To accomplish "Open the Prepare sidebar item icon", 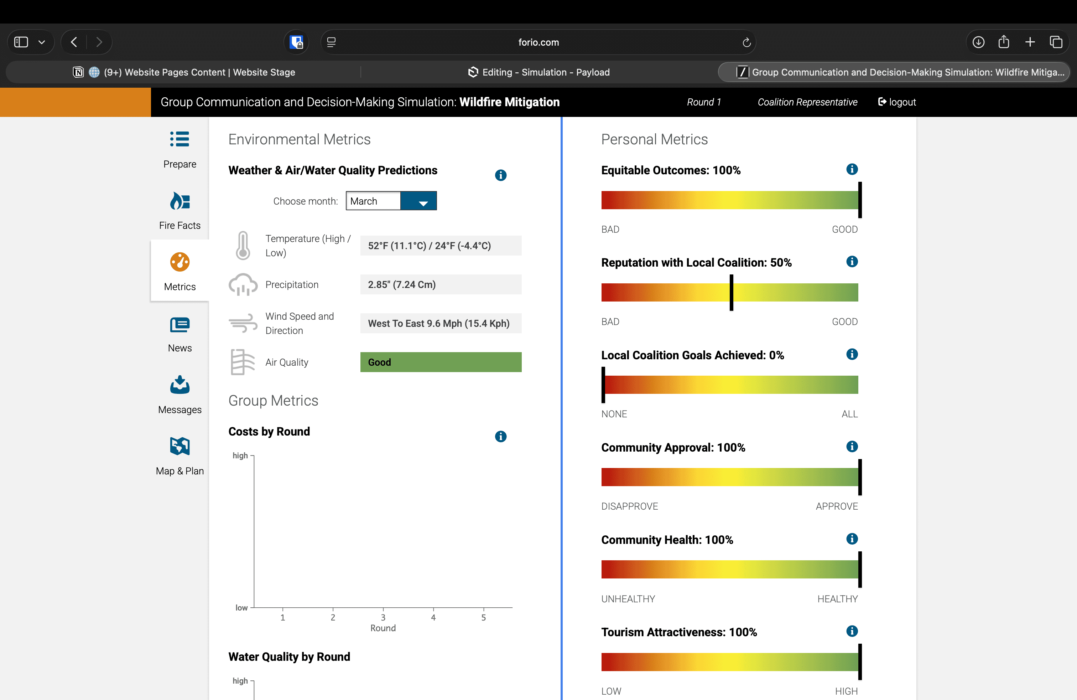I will click(179, 139).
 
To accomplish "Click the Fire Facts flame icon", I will click(179, 201).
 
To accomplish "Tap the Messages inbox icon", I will click(179, 385).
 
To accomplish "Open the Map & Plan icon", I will click(179, 446).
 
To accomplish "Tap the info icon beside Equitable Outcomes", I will click(852, 169).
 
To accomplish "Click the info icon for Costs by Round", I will click(500, 437).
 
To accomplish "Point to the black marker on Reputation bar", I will click(731, 293).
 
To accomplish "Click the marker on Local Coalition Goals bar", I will click(603, 385).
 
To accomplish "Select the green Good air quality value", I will click(440, 362).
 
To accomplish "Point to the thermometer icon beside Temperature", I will click(243, 246).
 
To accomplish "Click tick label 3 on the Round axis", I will click(383, 618).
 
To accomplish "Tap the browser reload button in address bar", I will click(746, 42).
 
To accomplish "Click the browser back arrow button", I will click(74, 42).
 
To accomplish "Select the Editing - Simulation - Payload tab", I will click(538, 72).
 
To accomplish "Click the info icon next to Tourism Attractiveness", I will click(852, 631).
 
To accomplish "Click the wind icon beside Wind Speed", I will click(243, 323).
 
